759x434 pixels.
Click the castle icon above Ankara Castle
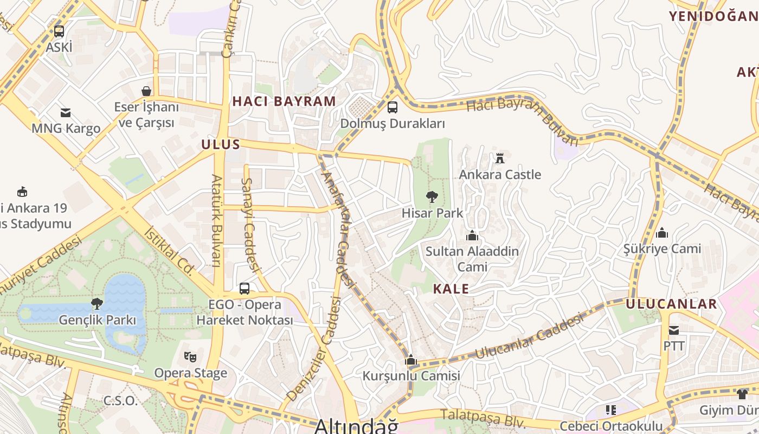tap(499, 158)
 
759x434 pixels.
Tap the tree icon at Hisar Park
tap(432, 197)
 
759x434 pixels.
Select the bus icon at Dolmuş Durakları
tap(392, 107)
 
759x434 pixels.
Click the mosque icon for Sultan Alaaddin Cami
tap(472, 235)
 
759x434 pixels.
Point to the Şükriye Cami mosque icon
tap(661, 233)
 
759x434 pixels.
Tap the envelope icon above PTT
tap(673, 330)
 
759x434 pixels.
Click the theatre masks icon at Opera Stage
tap(190, 357)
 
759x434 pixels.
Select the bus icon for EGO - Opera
tap(245, 289)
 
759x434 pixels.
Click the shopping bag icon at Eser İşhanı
tap(146, 91)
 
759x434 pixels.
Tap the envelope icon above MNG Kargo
tap(66, 113)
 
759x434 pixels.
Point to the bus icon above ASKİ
tap(59, 31)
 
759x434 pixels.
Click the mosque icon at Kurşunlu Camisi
tap(410, 360)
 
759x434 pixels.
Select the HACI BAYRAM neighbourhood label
tap(284, 101)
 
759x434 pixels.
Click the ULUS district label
tap(220, 144)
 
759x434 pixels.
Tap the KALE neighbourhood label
tap(451, 289)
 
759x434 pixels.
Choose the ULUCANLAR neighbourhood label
tap(671, 304)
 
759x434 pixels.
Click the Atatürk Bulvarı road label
tap(216, 220)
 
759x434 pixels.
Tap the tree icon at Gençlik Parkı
tap(97, 303)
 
